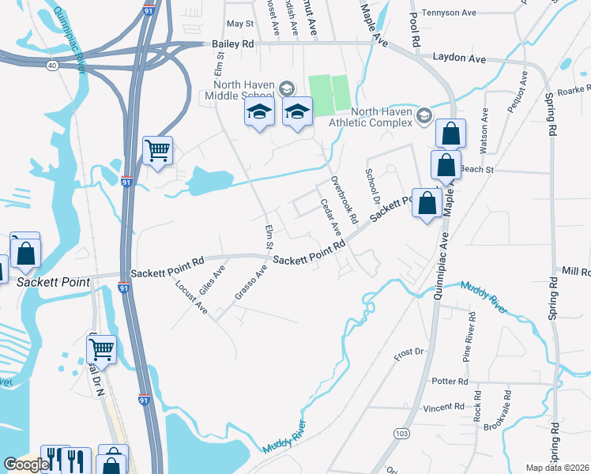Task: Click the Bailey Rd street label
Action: (232, 45)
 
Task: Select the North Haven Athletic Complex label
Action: (382, 117)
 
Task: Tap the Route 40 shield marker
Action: (52, 66)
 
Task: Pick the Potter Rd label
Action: (451, 381)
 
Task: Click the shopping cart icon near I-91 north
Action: (158, 149)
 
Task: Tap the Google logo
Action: (26, 464)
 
